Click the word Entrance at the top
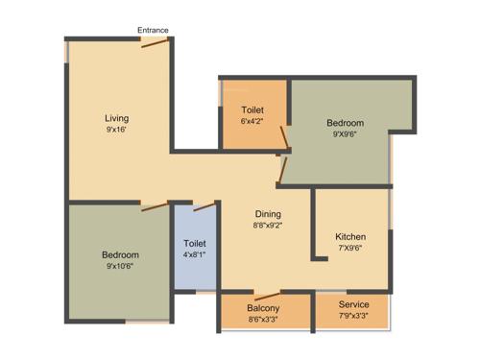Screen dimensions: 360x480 click(153, 30)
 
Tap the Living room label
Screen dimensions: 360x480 click(116, 118)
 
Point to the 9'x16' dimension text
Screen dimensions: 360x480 click(116, 130)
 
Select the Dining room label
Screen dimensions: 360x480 click(268, 213)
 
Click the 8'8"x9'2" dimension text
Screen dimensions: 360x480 click(268, 225)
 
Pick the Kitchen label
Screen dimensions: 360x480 click(350, 236)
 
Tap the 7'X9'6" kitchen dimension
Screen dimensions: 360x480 click(350, 248)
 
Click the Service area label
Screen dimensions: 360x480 click(353, 305)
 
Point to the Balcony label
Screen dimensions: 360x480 click(263, 307)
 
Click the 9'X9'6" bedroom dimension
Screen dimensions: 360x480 click(345, 134)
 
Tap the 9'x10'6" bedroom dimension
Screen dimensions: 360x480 click(121, 266)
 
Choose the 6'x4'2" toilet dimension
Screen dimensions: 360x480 click(252, 121)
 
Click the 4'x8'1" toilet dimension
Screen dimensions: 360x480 click(195, 255)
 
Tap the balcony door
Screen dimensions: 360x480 click(268, 295)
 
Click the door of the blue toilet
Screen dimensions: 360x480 click(204, 205)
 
